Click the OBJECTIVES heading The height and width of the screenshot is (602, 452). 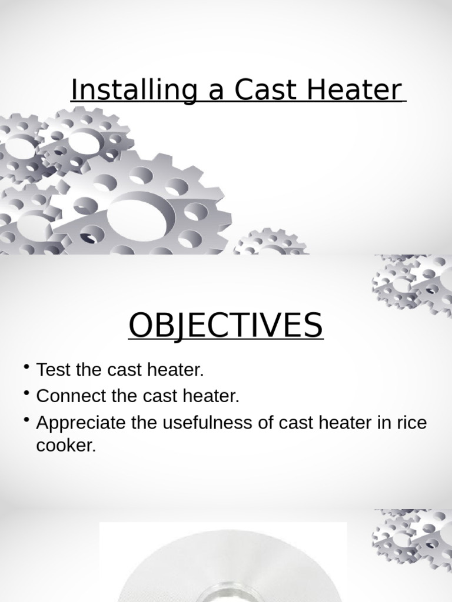(225, 325)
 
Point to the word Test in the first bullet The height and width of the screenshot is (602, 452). (54, 370)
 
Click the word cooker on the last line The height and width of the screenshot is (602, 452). (65, 445)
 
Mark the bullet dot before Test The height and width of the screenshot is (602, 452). (27, 368)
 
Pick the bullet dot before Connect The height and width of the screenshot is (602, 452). (27, 394)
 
